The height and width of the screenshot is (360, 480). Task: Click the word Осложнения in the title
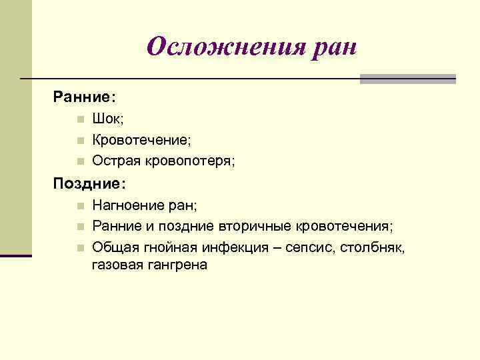(224, 47)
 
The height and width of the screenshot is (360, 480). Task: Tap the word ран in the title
(333, 47)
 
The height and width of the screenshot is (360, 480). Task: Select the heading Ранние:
(85, 97)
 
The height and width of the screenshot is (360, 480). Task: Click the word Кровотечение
(141, 140)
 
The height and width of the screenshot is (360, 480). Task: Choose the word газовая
(115, 265)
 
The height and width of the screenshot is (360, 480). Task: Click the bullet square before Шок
(79, 120)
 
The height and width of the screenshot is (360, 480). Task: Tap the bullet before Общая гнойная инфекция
(79, 247)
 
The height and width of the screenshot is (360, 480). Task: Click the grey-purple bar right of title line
(407, 79)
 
